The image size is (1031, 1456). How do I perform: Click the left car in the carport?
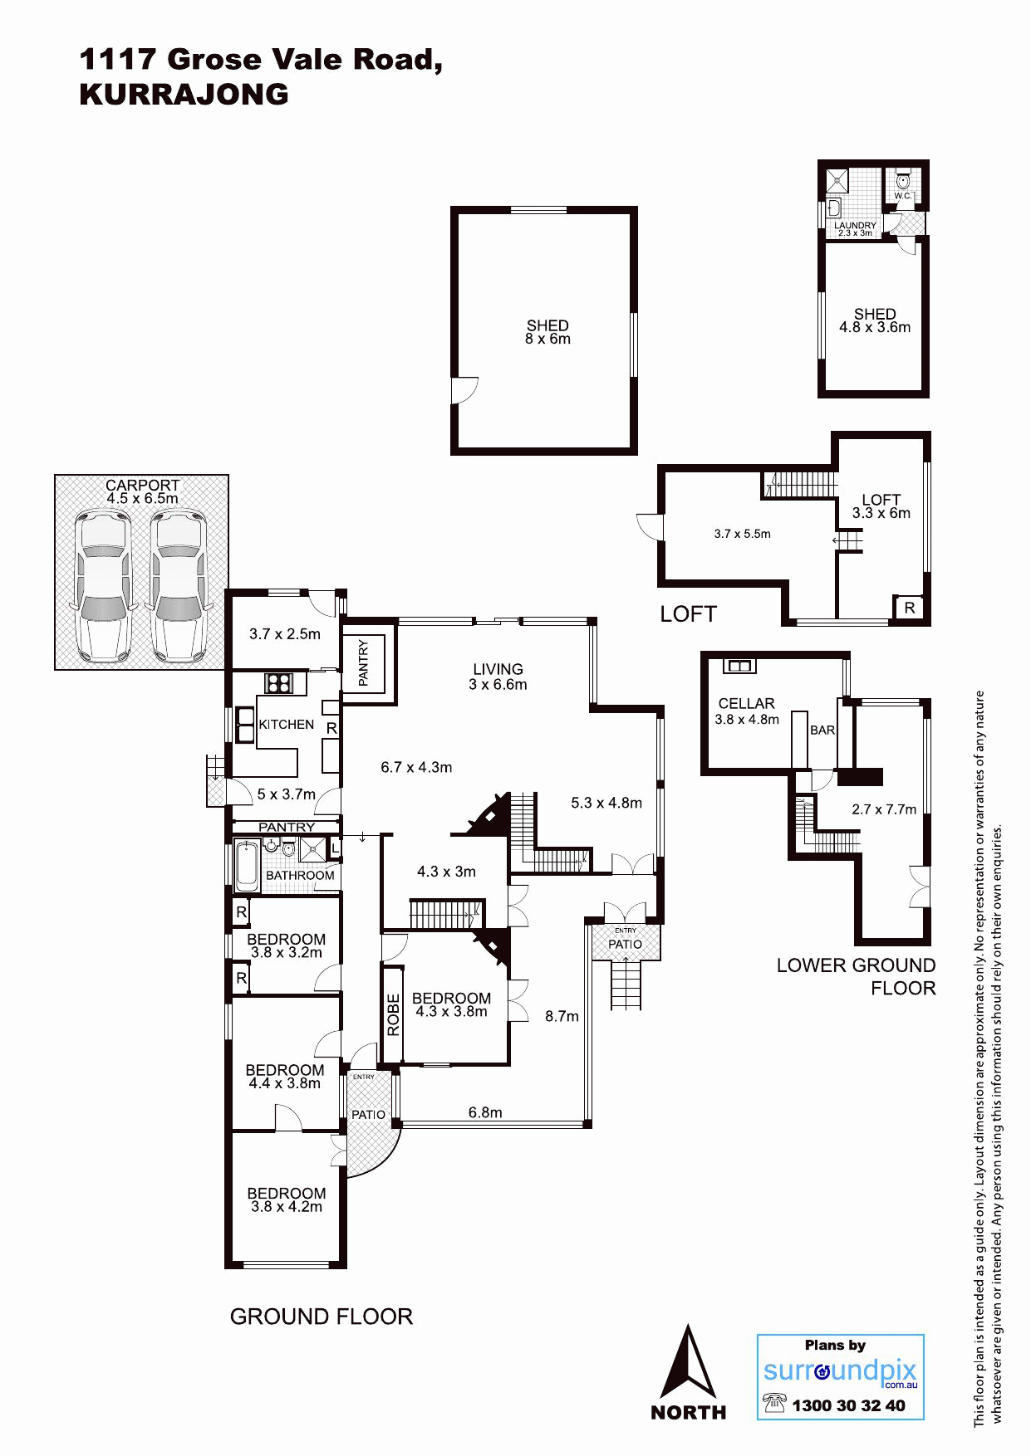tap(103, 586)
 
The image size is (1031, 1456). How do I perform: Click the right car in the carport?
tap(179, 586)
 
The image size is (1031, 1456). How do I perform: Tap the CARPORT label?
tap(142, 485)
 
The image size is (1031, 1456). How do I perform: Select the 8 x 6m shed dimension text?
tap(547, 339)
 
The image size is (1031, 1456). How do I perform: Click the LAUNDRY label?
tap(855, 225)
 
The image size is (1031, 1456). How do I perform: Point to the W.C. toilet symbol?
tap(903, 180)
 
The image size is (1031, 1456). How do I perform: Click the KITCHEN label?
tap(287, 725)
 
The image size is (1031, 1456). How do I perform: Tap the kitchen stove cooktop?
tap(278, 683)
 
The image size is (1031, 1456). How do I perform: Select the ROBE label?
tap(394, 1014)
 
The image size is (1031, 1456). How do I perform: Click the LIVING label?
tap(498, 669)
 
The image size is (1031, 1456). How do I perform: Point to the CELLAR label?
tap(746, 703)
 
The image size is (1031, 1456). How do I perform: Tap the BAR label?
tap(822, 730)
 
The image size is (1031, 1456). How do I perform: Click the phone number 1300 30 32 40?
tap(848, 1405)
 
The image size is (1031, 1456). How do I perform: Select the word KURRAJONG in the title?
tap(184, 95)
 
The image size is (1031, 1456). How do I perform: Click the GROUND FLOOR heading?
tap(322, 1317)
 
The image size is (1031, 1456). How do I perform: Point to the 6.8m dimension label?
tap(485, 1112)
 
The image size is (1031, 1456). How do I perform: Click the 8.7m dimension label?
tap(562, 1016)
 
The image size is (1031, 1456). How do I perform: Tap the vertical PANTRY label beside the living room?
tap(363, 662)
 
